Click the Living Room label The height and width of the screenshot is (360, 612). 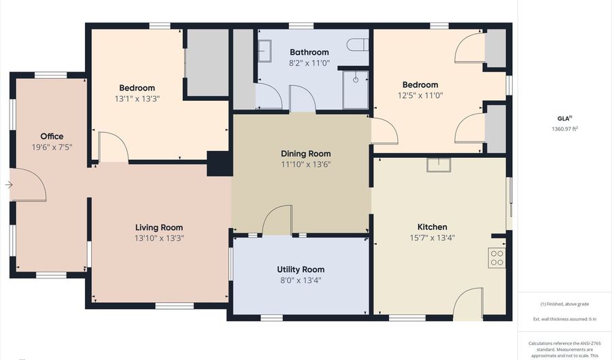158,227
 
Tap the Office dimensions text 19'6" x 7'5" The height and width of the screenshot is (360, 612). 52,146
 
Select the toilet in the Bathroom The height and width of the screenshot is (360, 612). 356,45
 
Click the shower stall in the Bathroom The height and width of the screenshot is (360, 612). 355,88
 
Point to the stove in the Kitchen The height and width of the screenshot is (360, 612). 497,257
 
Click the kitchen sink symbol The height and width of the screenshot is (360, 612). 439,164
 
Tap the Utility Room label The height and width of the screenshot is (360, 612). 301,269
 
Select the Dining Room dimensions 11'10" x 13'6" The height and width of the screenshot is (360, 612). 305,164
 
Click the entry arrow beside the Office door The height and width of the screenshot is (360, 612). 8,184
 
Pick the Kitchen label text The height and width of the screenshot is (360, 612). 432,227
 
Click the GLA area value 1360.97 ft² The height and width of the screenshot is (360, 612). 564,128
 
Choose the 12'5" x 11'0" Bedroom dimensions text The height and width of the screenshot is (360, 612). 420,95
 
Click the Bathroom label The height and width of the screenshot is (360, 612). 309,52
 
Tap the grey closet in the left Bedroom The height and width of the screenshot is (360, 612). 207,62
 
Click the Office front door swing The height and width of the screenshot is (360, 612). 29,184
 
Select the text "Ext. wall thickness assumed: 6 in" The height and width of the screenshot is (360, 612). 564,318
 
